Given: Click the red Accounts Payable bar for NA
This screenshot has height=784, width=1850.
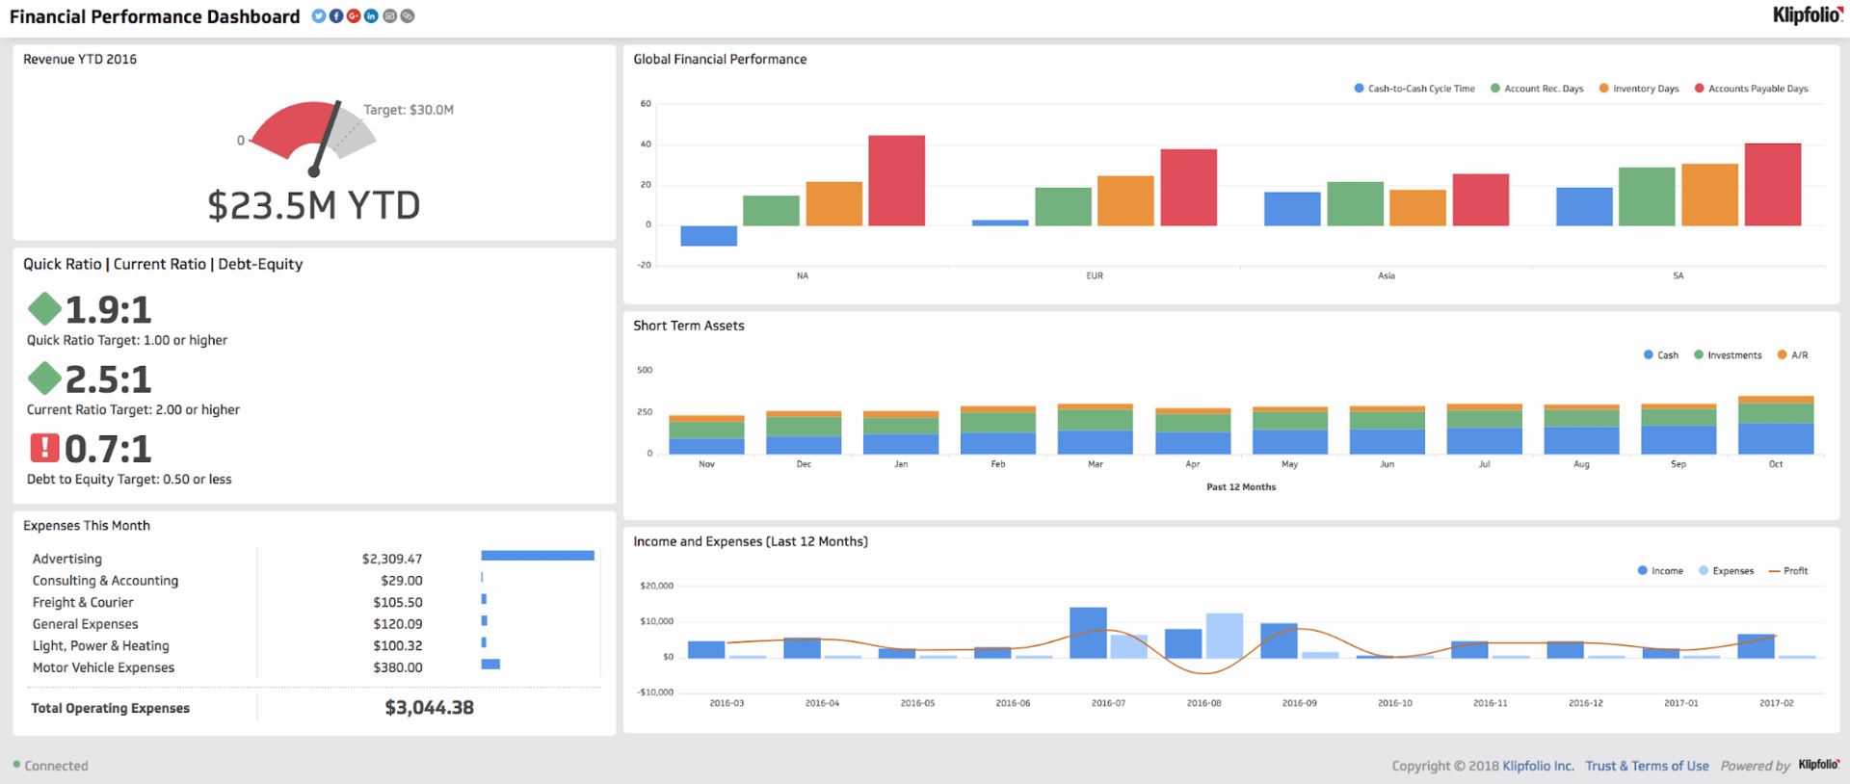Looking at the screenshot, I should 896,181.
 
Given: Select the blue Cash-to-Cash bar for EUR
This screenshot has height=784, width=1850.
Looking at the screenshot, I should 1000,222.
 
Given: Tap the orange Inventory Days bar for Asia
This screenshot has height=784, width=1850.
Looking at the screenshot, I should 1417,207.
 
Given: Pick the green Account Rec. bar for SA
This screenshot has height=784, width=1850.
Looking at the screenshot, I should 1647,196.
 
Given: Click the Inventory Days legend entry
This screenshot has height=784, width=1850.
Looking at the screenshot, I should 1645,89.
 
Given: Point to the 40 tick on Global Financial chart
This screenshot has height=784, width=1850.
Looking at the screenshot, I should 646,144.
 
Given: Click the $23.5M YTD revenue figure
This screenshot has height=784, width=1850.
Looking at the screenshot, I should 314,205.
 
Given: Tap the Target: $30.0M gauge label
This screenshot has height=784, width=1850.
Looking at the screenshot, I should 409,110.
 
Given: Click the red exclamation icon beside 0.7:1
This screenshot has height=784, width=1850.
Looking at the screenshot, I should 44,448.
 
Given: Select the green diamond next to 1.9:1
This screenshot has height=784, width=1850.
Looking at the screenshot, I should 44,309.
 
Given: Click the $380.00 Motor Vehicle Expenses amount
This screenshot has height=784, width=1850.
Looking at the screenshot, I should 398,667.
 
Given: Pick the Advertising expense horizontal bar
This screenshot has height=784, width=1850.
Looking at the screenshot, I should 537,556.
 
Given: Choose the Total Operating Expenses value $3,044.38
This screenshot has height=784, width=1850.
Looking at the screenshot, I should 429,708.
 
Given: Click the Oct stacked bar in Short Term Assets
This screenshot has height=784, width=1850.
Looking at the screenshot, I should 1775,426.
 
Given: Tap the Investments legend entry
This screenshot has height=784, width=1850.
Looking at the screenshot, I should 1733,355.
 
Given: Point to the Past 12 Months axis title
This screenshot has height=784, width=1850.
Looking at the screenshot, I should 1241,487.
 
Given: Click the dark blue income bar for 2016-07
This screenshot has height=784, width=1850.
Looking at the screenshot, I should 1088,633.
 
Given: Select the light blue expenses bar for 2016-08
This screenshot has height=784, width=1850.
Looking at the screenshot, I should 1224,636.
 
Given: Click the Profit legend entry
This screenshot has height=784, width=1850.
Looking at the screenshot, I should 1794,571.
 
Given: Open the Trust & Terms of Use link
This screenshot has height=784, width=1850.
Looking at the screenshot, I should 1647,766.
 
